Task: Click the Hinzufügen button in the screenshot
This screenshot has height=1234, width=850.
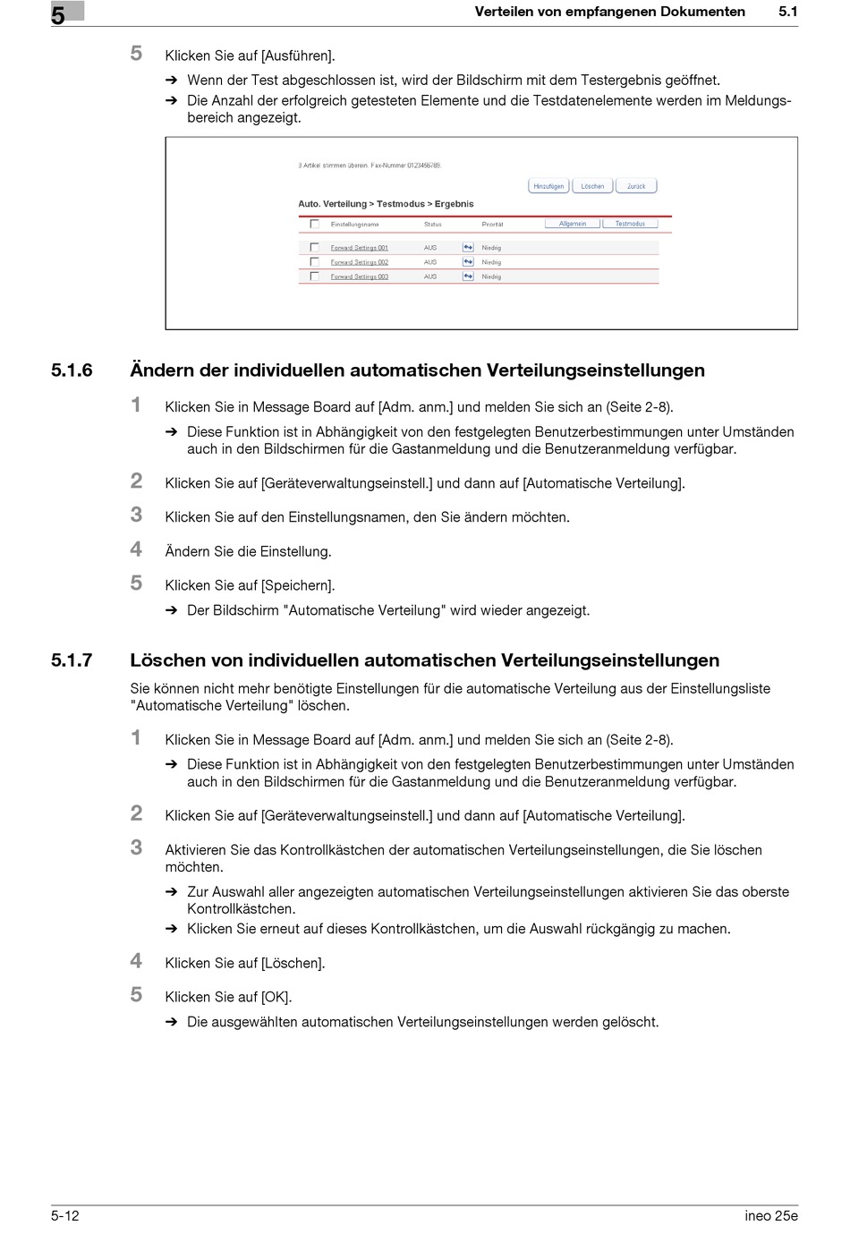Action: (548, 186)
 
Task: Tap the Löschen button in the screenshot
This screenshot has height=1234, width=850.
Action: (592, 186)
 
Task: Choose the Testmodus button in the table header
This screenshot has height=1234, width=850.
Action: (630, 224)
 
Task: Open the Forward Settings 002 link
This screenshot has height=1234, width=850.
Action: (359, 262)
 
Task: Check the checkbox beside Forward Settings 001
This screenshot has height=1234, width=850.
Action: (314, 248)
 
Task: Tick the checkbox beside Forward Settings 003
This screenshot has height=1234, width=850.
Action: (314, 277)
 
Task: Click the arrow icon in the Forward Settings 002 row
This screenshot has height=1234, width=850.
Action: (467, 262)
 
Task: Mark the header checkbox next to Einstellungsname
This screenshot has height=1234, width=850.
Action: (314, 224)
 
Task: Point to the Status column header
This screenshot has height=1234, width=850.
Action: (433, 224)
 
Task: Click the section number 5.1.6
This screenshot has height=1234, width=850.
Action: (72, 370)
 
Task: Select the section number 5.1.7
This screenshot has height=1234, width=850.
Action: (72, 660)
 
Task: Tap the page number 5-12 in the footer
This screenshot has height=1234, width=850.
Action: (65, 1215)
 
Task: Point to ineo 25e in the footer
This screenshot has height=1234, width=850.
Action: (770, 1215)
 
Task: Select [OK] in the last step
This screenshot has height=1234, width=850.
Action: (276, 997)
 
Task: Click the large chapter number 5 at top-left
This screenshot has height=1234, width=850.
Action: (58, 15)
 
